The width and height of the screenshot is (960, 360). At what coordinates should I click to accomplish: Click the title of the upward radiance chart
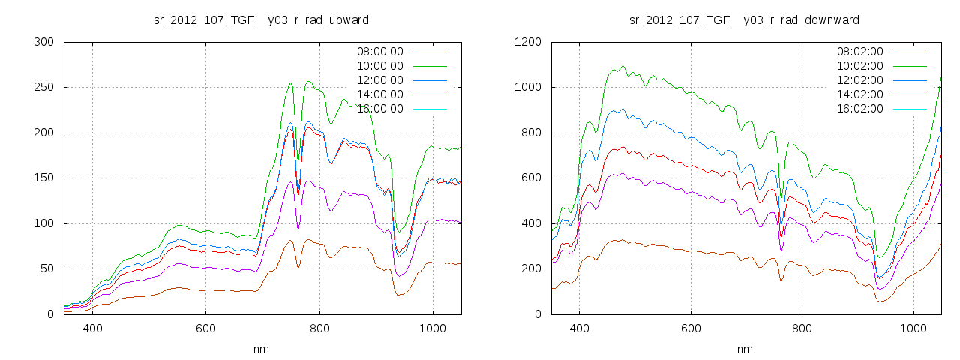coord(261,19)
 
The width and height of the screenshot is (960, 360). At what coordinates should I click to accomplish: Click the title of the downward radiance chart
coord(744,19)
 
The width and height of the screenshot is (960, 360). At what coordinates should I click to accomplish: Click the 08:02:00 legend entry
coord(859,52)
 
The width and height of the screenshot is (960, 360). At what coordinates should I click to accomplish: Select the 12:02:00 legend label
coord(859,80)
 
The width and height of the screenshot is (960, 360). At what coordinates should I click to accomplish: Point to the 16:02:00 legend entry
coord(859,109)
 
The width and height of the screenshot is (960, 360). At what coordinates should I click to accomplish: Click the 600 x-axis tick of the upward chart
coord(205,328)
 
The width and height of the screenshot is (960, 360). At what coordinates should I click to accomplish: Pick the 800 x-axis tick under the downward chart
coord(802,328)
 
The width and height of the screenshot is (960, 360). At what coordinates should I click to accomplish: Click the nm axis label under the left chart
coord(261,349)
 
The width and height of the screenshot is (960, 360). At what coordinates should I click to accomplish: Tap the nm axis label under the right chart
coord(744,349)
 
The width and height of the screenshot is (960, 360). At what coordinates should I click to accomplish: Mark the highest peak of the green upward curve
coord(308,82)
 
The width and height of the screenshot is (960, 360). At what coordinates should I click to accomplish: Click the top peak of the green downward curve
coord(622,66)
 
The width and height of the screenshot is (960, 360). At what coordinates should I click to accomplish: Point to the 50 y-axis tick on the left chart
coord(46,268)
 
